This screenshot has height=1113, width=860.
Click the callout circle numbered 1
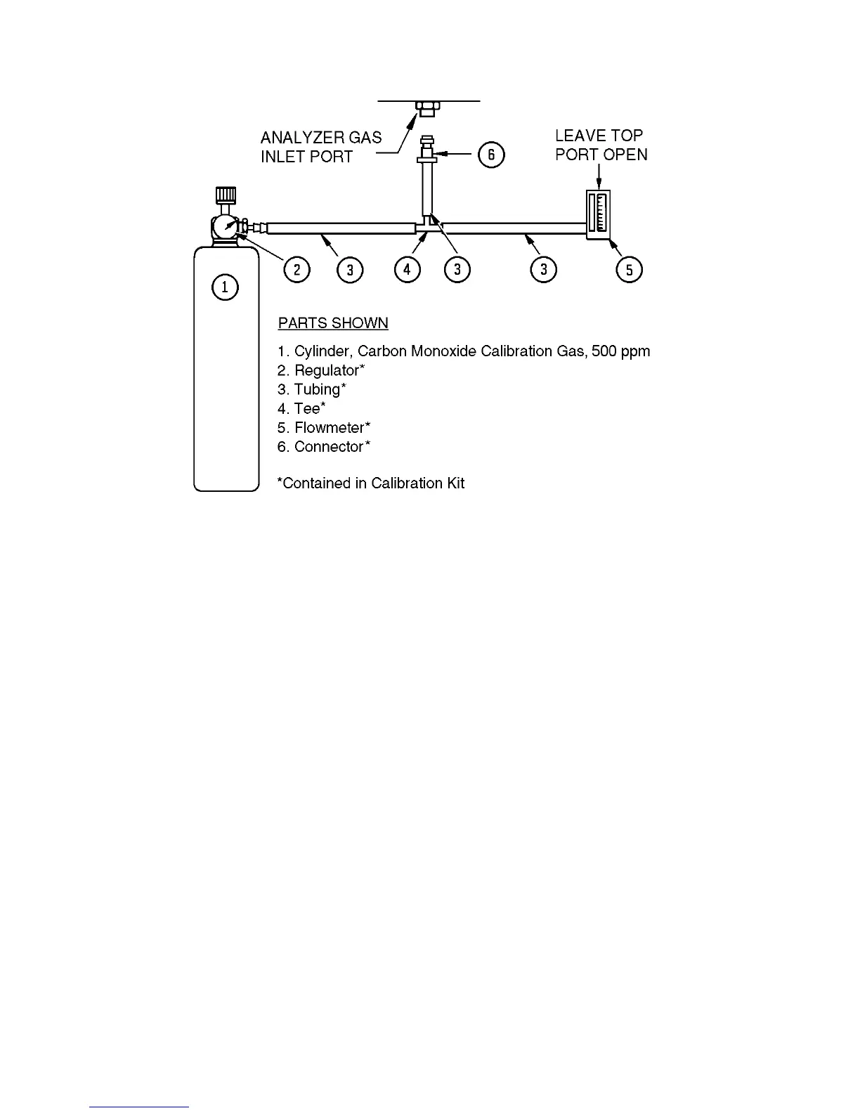pyautogui.click(x=225, y=287)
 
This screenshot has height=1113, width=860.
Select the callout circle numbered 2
pyautogui.click(x=297, y=269)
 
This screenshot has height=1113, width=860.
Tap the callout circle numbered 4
pyautogui.click(x=407, y=269)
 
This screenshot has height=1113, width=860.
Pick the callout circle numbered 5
pyautogui.click(x=629, y=269)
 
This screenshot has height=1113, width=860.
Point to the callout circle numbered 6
pyautogui.click(x=491, y=154)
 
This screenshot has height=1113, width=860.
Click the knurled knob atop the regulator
pyautogui.click(x=225, y=194)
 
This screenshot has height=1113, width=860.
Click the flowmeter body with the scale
pyautogui.click(x=599, y=214)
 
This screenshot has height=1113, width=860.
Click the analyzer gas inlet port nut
pyautogui.click(x=426, y=108)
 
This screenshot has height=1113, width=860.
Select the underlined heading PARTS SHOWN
pyautogui.click(x=333, y=323)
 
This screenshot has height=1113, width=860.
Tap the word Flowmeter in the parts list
pyautogui.click(x=330, y=428)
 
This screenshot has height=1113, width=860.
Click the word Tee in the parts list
pyautogui.click(x=306, y=409)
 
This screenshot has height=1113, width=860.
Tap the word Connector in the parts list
pyautogui.click(x=330, y=447)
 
